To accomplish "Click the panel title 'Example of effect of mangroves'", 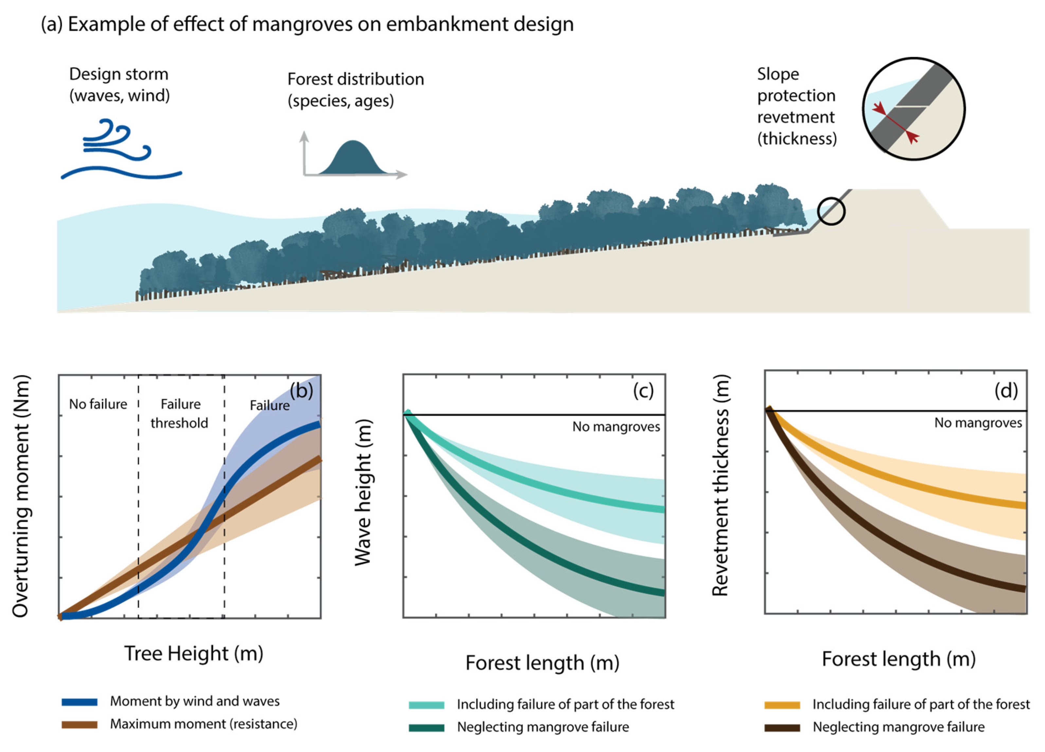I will pyautogui.click(x=307, y=24).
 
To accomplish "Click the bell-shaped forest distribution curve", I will pyautogui.click(x=353, y=159).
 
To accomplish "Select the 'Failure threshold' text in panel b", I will pyautogui.click(x=180, y=413).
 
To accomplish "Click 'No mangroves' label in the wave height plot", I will pyautogui.click(x=616, y=427).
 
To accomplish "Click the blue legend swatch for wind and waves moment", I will pyautogui.click(x=80, y=702).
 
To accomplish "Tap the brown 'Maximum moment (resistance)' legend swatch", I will pyautogui.click(x=80, y=725).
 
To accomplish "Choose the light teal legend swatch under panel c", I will pyautogui.click(x=426, y=705).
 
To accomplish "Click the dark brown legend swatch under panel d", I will pyautogui.click(x=782, y=727).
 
